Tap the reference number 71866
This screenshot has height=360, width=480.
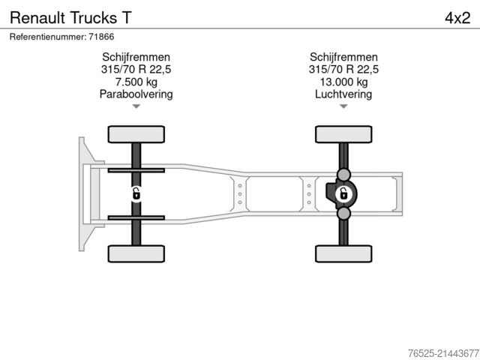coord(101,36)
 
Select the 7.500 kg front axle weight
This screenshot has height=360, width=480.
coord(136,82)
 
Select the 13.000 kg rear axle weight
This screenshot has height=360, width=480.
coord(343,82)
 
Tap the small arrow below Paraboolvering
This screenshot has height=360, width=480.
coord(136,106)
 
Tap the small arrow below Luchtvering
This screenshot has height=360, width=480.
coord(343,106)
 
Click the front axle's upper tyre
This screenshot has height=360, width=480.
coord(136,134)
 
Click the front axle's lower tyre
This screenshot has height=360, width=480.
coord(136,253)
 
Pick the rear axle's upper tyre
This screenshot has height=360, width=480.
coord(343,134)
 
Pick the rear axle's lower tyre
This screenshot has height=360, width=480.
coord(343,253)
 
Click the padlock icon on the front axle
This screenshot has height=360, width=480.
coord(136,194)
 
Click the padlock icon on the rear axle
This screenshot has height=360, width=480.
coord(343,194)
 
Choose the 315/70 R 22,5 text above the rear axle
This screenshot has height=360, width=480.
coord(343,70)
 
